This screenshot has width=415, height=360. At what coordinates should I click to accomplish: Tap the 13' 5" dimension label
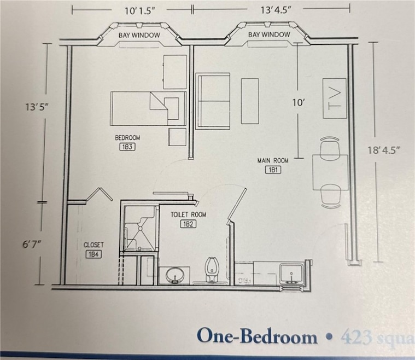(x=37, y=107)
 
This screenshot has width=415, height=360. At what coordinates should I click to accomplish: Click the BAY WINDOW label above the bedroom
(x=139, y=35)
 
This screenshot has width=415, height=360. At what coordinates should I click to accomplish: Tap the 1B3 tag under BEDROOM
(x=126, y=147)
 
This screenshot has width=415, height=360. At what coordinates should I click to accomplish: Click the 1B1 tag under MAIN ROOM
(x=273, y=170)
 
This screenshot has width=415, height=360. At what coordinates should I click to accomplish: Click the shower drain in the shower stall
(x=141, y=224)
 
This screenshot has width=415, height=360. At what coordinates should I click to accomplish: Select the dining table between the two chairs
(x=330, y=172)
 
